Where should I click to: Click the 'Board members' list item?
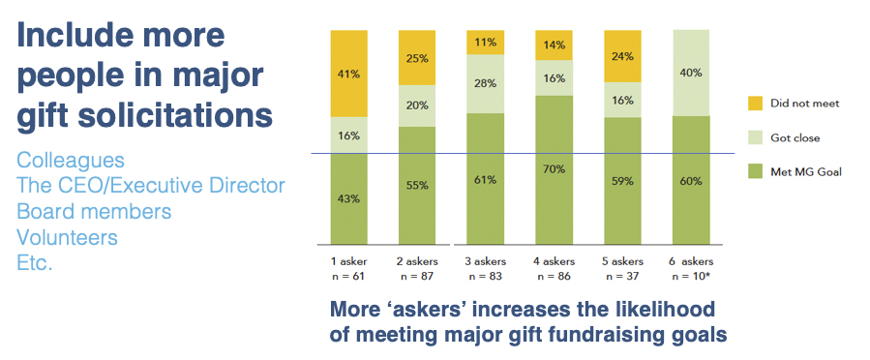point(94,211)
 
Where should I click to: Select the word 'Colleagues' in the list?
point(70,160)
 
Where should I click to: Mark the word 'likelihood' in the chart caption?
point(658,311)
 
